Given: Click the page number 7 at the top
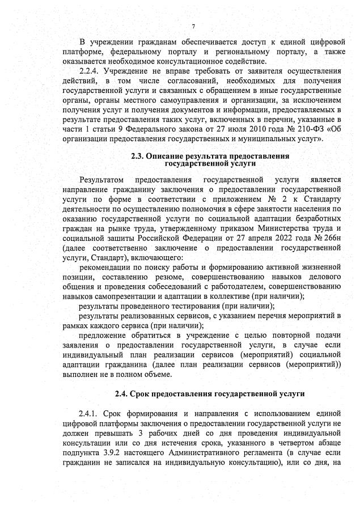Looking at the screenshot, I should tap(193, 27).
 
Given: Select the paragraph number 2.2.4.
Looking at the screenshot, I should tap(90, 71).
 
